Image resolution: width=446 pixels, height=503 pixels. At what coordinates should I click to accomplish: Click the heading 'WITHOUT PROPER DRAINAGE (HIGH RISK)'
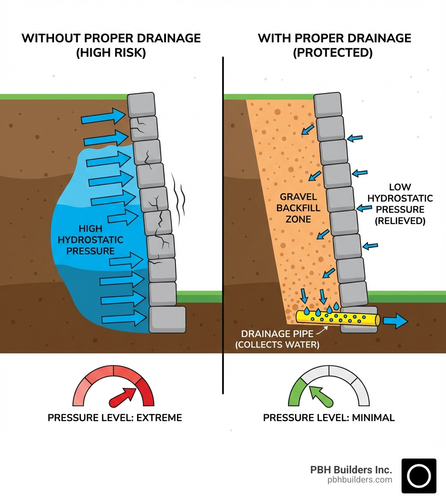click(111, 45)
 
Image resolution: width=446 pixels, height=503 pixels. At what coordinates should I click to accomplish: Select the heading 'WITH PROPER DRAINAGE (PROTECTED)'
click(334, 45)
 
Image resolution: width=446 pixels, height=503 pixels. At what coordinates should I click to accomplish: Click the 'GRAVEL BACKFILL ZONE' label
click(298, 208)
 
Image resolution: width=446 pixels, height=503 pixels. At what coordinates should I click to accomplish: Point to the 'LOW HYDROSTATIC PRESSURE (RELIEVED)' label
click(400, 204)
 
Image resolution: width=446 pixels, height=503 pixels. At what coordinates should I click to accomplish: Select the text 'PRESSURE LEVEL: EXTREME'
click(115, 418)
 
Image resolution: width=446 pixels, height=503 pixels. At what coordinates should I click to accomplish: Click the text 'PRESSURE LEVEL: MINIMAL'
click(329, 418)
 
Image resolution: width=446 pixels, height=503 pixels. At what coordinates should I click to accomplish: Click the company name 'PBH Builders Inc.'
click(351, 470)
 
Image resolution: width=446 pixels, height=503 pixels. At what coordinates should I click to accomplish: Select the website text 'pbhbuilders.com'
click(360, 480)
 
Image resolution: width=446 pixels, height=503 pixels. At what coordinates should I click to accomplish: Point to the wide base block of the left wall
click(167, 320)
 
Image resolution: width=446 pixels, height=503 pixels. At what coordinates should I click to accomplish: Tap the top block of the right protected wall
click(328, 105)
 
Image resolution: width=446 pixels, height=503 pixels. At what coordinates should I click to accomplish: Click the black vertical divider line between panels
click(223, 218)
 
